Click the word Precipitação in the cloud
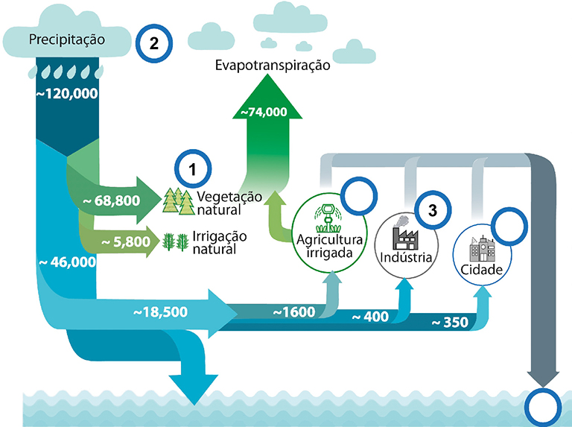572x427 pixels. tap(67, 38)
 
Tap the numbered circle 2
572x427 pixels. tap(154, 43)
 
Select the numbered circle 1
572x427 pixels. tap(192, 171)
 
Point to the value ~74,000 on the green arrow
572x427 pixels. tap(262, 113)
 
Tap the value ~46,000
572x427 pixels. tap(66, 262)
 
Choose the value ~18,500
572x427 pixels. tap(160, 311)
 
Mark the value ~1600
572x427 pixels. tap(294, 311)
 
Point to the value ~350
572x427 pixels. tap(450, 323)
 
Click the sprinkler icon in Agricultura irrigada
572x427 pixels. tap(326, 215)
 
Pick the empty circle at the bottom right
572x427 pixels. tap(543, 407)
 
